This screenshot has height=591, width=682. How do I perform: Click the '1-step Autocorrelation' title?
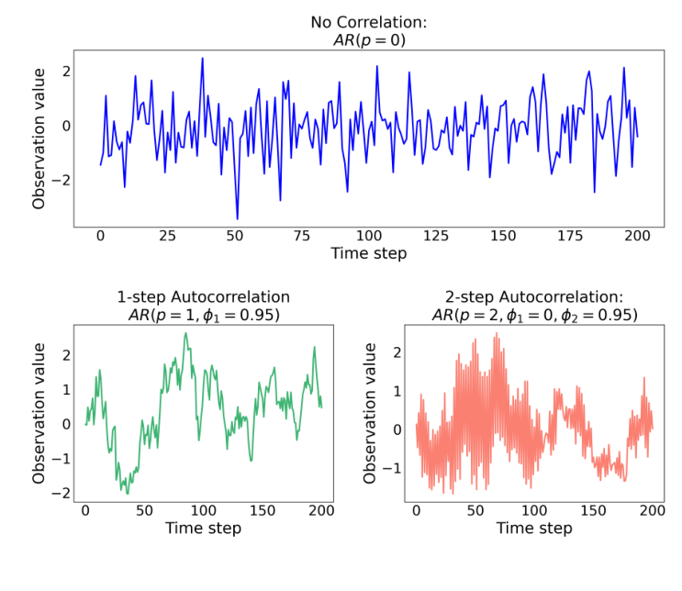tap(203, 297)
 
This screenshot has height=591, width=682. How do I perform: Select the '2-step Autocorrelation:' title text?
tap(534, 297)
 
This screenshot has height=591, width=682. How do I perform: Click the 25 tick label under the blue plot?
tap(167, 236)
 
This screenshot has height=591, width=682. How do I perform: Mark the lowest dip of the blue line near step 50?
tap(237, 219)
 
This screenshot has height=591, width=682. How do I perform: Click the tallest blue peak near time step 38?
tap(203, 59)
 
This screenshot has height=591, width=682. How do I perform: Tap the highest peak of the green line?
tap(184, 333)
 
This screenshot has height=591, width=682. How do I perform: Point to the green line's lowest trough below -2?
tap(128, 494)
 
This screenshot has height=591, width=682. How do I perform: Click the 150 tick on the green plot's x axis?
tap(263, 511)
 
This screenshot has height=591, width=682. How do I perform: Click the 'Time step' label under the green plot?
tap(203, 529)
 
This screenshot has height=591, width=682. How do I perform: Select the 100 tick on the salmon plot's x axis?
tap(534, 511)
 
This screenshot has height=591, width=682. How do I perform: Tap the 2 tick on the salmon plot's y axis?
tap(397, 352)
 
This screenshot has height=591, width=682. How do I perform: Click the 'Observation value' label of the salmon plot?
tap(370, 414)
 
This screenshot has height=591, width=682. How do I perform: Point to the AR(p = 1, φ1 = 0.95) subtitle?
tap(203, 316)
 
